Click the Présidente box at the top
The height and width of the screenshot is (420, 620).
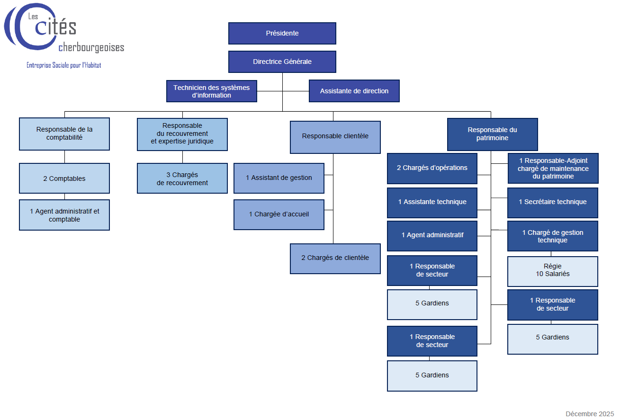pyautogui.click(x=282, y=33)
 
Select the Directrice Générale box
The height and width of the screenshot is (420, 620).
pyautogui.click(x=282, y=62)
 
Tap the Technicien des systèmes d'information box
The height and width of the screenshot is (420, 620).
pyautogui.click(x=212, y=91)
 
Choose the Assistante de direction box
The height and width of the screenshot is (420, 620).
pyautogui.click(x=354, y=91)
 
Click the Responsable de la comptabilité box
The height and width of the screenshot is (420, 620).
pyautogui.click(x=64, y=134)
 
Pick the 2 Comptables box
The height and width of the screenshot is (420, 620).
pyautogui.click(x=64, y=179)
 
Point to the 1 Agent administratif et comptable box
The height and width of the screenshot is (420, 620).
pyautogui.click(x=64, y=215)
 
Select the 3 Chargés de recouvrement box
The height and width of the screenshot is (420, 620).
pyautogui.click(x=182, y=179)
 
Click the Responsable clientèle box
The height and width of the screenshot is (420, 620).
pyautogui.click(x=335, y=137)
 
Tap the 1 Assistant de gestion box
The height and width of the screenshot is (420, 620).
pyautogui.click(x=279, y=178)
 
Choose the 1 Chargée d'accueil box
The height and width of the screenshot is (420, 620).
pyautogui.click(x=279, y=214)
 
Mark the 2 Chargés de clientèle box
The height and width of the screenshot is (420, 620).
pyautogui.click(x=335, y=258)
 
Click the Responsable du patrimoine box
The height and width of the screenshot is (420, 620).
pyautogui.click(x=493, y=134)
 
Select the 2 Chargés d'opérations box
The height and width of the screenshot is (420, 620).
pyautogui.click(x=432, y=168)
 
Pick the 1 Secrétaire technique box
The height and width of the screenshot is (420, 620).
pyautogui.click(x=553, y=202)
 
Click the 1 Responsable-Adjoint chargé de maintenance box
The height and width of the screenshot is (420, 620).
pyautogui.click(x=553, y=168)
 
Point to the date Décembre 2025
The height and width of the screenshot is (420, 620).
pyautogui.click(x=590, y=413)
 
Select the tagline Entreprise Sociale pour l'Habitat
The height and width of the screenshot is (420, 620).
pyautogui.click(x=64, y=65)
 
